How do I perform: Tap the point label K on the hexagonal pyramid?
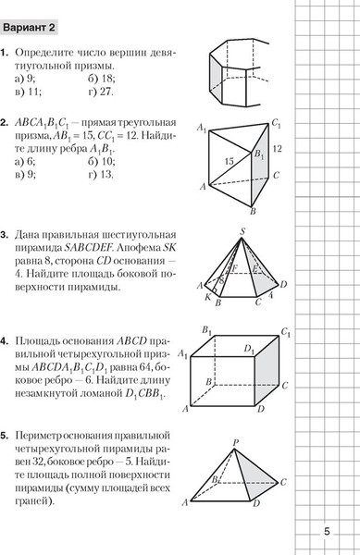pyautogui.click(x=207, y=297)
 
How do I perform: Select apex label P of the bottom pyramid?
pyautogui.click(x=237, y=442)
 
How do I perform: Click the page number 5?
pyautogui.click(x=327, y=531)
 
